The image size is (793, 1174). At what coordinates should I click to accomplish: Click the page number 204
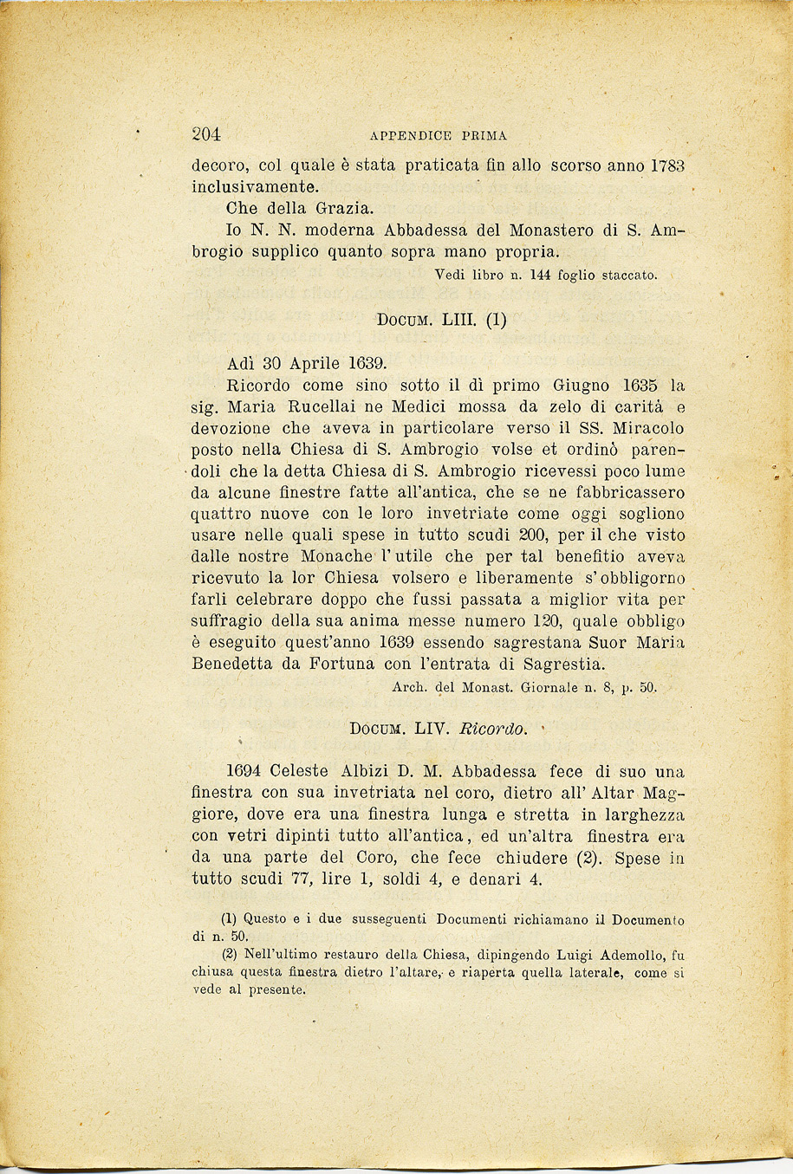[x=206, y=134]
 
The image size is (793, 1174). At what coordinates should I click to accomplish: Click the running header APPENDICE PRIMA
[x=438, y=136]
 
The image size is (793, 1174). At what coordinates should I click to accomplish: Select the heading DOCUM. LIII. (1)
[x=441, y=320]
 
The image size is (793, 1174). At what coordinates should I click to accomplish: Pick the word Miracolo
[x=648, y=428]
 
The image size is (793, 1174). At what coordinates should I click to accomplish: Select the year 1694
[x=243, y=771]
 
